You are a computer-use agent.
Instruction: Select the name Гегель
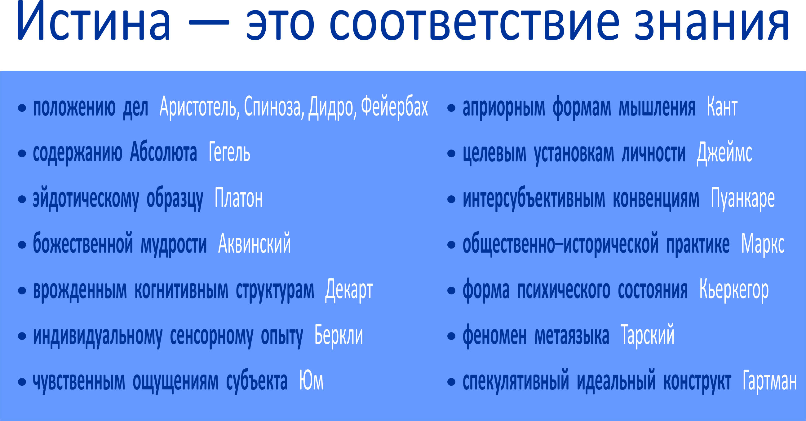click(x=229, y=152)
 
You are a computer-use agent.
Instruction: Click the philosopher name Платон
click(x=238, y=198)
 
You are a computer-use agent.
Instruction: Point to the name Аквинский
click(x=255, y=244)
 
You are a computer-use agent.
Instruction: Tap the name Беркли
click(x=339, y=335)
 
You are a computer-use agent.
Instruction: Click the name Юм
click(x=311, y=380)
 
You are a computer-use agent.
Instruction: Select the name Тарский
click(x=647, y=335)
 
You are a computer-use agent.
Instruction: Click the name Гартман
click(x=770, y=380)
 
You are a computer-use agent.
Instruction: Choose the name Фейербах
click(x=395, y=106)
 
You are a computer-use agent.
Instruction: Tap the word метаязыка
click(x=572, y=336)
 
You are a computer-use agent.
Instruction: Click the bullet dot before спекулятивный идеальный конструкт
click(x=451, y=382)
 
